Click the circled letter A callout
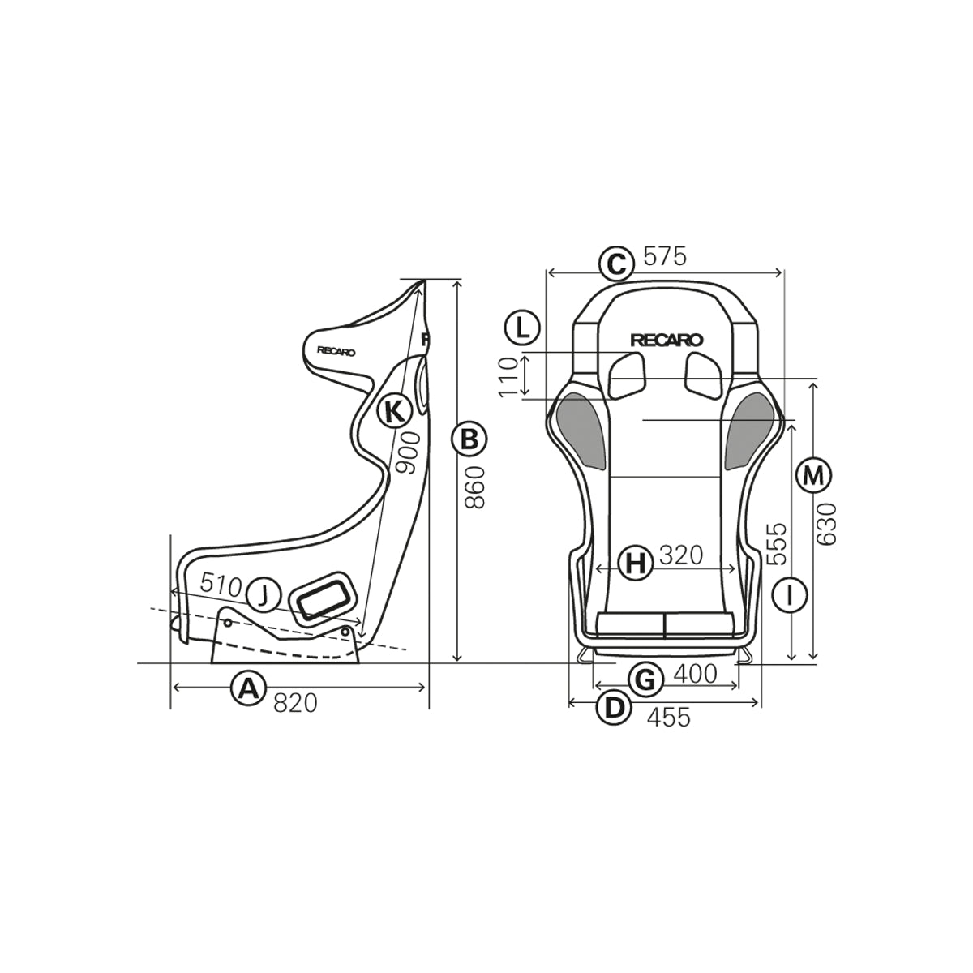[x=248, y=688]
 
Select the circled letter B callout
[x=469, y=439]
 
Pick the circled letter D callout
[x=613, y=708]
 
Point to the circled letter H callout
[x=637, y=562]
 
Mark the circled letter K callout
[x=394, y=411]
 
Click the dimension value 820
[x=295, y=703]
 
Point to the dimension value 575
[x=664, y=256]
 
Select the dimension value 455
[x=669, y=717]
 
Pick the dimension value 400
[x=695, y=674]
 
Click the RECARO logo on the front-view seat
[x=667, y=341]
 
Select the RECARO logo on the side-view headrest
[x=336, y=352]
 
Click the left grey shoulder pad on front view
[x=581, y=430]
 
